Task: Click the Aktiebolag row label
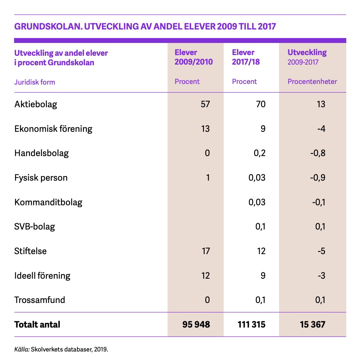pos(36,104)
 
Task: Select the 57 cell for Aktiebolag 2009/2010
pos(205,104)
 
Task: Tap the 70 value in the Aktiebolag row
pos(261,104)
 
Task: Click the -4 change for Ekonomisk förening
pos(321,129)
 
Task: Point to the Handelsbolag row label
pos(42,153)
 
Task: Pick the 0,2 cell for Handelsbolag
pos(260,153)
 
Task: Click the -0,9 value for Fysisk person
pos(318,178)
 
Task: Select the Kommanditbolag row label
pos(48,202)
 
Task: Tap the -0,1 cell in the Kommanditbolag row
pos(318,202)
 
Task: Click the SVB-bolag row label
pos(34,227)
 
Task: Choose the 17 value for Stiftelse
pos(206,251)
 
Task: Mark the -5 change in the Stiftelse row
pos(321,251)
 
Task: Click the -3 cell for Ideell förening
pos(321,276)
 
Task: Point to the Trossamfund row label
pos(40,300)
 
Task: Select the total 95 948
pos(196,325)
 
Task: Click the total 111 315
pos(252,325)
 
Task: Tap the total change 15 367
pos(313,325)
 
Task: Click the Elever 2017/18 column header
pos(246,57)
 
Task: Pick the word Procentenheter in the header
pos(312,82)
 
